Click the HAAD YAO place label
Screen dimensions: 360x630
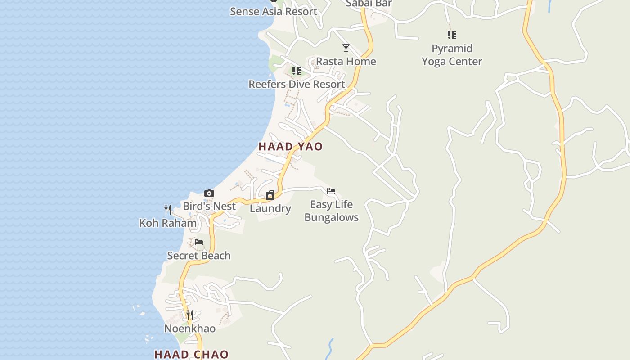coord(290,147)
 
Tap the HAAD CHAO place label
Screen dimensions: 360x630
coord(191,354)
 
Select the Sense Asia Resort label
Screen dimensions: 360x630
coord(274,11)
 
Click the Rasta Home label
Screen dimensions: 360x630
coord(346,61)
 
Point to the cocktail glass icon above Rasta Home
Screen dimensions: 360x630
coord(346,48)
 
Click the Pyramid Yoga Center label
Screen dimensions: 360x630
coord(452,55)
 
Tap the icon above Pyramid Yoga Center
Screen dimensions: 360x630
coord(452,35)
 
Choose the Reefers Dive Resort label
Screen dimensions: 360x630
coord(297,84)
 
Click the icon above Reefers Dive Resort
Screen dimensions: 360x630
coord(296,71)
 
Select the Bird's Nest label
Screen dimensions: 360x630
coord(209,206)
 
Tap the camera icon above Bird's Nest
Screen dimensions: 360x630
coord(209,193)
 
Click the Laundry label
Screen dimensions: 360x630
coord(270,208)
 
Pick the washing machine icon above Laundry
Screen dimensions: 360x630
coord(270,195)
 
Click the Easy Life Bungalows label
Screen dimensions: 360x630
coord(332,211)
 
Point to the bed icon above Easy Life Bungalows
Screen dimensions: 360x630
coord(331,191)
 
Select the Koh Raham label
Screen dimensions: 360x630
coord(168,223)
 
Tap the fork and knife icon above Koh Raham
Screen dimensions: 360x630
coord(168,209)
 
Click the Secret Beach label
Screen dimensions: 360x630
coord(199,256)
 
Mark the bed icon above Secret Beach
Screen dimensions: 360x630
coord(199,242)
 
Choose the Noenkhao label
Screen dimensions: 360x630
coord(190,328)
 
